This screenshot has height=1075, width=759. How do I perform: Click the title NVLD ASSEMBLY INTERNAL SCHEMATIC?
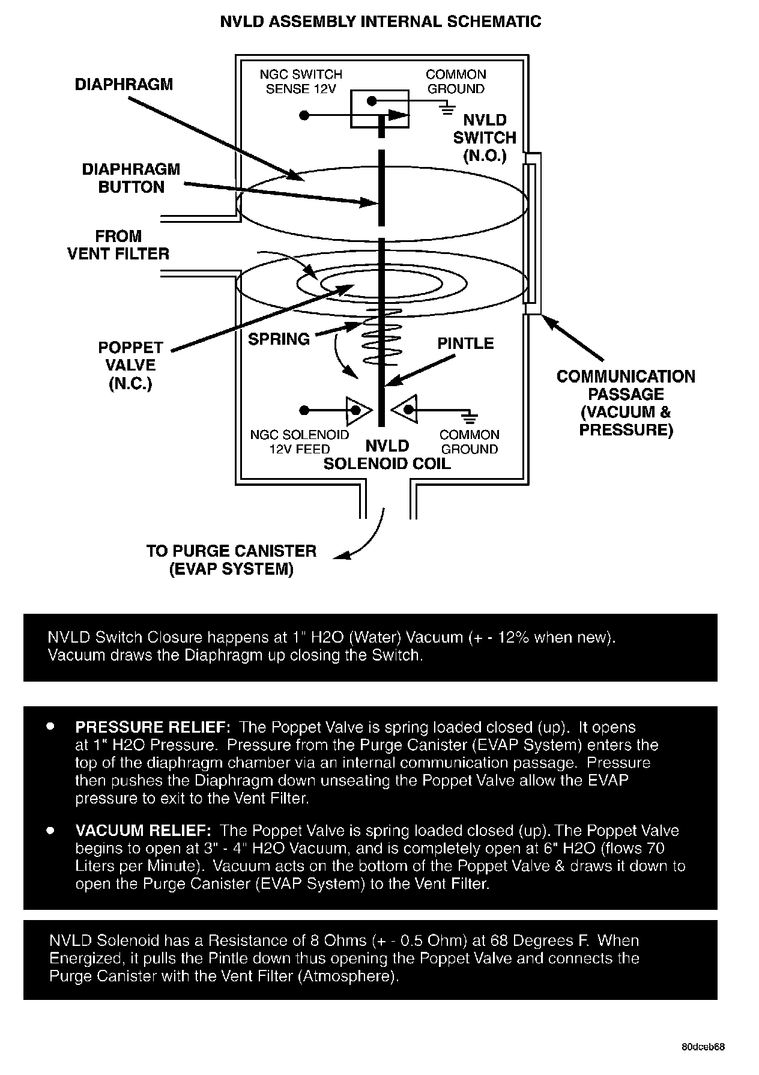(x=381, y=22)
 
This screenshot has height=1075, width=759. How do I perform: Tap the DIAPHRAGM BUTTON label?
(x=131, y=178)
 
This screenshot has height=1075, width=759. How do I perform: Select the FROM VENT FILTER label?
(x=118, y=245)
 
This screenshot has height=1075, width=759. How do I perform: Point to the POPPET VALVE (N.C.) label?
(x=131, y=365)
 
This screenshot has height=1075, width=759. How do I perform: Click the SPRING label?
(x=279, y=339)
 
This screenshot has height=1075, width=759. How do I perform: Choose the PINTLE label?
(x=465, y=344)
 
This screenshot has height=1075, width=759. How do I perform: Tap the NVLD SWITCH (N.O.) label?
(x=485, y=138)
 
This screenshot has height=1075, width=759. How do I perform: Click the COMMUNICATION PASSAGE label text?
(x=626, y=403)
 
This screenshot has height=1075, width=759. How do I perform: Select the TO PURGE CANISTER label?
(x=231, y=560)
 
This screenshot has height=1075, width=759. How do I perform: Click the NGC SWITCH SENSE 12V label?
(x=301, y=82)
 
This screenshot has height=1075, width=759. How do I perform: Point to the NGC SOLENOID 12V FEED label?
(x=300, y=441)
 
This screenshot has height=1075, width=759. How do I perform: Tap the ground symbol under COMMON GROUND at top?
(x=447, y=109)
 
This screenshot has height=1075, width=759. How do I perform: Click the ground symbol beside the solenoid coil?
(x=470, y=416)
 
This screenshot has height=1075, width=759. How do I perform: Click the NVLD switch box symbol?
(x=379, y=109)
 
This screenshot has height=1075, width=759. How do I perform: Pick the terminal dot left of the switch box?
(x=304, y=115)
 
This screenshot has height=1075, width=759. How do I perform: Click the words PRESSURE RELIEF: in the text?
(x=153, y=727)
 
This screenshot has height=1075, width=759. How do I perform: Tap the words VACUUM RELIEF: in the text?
(x=143, y=831)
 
